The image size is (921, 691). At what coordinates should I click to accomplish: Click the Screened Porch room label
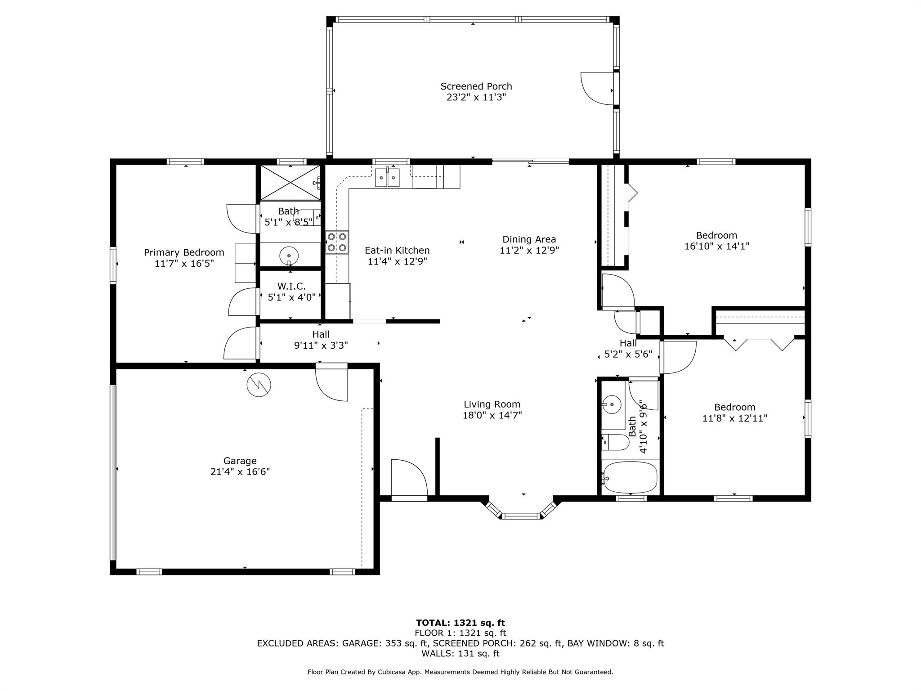476,86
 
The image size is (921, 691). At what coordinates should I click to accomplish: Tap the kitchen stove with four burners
337,242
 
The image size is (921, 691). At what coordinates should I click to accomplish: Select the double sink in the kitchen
388,178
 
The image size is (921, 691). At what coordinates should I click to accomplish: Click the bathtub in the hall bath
630,477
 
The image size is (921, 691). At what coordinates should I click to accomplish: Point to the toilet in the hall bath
615,442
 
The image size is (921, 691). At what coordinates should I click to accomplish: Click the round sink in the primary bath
289,256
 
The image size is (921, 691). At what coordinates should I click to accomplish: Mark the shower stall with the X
291,182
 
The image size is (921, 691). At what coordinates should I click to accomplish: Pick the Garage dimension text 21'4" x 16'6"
240,471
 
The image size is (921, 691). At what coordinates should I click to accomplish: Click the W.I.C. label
291,286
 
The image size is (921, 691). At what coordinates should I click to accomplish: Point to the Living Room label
492,404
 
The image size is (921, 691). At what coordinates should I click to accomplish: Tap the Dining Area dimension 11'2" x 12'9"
529,250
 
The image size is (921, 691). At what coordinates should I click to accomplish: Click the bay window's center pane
521,516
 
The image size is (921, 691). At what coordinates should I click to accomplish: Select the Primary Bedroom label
184,252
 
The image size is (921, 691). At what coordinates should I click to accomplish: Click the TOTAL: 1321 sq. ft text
460,623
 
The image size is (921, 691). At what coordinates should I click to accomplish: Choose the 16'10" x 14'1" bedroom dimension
717,246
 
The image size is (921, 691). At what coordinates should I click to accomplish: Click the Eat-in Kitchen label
397,250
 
